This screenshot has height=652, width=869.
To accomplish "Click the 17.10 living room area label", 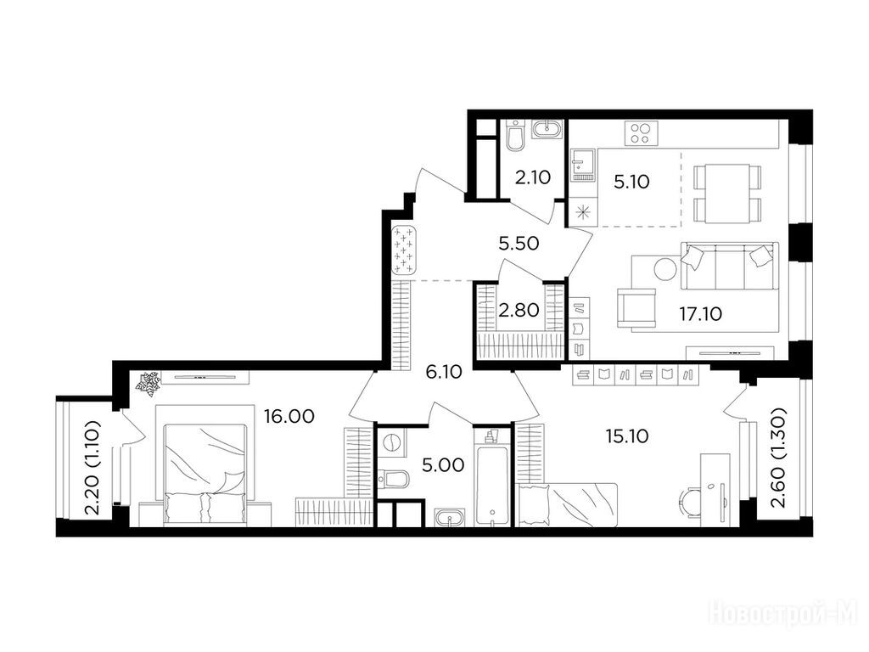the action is click(x=700, y=314).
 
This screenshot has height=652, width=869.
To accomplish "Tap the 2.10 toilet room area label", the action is click(x=533, y=177).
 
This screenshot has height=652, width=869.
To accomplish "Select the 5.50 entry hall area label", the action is click(x=519, y=243).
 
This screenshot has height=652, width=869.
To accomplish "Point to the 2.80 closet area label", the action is click(x=519, y=310).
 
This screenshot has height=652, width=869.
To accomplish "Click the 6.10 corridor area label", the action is click(x=444, y=372).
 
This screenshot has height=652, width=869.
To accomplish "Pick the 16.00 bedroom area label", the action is click(x=289, y=416).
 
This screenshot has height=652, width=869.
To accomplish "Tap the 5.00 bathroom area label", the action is click(x=443, y=464).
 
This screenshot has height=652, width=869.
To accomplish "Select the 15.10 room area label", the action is click(x=627, y=436).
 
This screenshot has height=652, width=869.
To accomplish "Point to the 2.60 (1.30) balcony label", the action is click(x=779, y=458).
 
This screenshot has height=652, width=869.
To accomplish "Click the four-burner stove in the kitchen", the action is click(x=642, y=132).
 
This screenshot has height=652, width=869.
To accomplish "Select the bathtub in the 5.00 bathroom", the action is click(x=491, y=478).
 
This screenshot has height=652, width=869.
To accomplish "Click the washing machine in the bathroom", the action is click(x=391, y=443).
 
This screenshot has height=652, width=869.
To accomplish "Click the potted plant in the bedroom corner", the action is click(x=149, y=385).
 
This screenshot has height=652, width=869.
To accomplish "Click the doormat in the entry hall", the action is click(x=403, y=250).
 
